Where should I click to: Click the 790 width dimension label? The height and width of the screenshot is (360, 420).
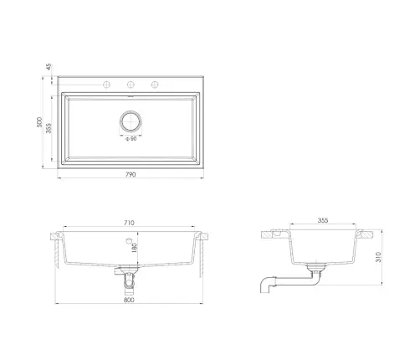(131, 174)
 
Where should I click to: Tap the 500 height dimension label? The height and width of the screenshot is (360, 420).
(39, 122)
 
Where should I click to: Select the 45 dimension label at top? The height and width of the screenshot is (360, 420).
(49, 67)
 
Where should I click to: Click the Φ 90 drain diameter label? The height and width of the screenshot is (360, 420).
(131, 139)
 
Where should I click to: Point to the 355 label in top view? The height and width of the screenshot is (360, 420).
(49, 128)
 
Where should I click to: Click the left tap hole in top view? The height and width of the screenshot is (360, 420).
(107, 85)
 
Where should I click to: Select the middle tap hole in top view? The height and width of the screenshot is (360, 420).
(131, 85)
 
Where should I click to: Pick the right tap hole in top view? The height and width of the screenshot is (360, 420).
(155, 85)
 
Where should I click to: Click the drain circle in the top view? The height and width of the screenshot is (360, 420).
(131, 111)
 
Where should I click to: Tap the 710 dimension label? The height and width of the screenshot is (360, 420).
(129, 223)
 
